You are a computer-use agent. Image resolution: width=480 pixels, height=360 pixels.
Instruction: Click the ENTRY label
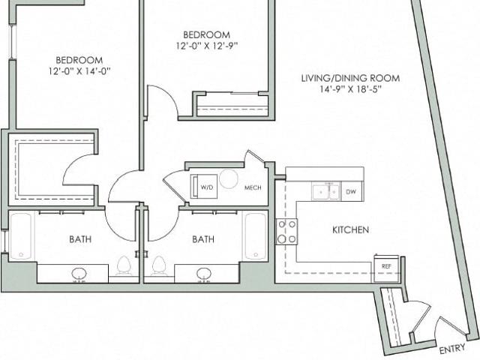point(452,349)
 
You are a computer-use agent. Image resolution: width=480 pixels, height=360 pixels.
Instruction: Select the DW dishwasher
point(351,192)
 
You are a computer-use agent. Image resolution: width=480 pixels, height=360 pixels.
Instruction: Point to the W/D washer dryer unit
point(204,187)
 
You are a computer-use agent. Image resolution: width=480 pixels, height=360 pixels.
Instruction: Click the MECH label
point(253,187)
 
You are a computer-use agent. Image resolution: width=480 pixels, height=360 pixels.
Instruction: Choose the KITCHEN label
point(350,229)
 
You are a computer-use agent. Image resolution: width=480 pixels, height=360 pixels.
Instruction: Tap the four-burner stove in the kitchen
point(286,232)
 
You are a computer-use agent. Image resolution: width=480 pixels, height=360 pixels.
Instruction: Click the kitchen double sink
point(325,192)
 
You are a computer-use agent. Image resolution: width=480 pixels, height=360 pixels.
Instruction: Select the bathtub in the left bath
point(21,236)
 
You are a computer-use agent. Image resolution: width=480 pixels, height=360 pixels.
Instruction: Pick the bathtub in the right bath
point(256,236)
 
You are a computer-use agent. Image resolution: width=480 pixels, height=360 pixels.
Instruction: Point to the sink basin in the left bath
point(79,273)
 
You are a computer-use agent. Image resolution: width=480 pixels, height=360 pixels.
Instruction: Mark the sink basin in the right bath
point(204,273)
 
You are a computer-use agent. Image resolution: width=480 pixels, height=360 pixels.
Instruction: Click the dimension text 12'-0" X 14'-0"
point(79,71)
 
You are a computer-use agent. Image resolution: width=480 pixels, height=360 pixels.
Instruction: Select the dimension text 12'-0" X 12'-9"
point(207,46)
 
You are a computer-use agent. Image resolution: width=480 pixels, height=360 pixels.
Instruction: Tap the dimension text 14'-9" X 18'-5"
point(351,89)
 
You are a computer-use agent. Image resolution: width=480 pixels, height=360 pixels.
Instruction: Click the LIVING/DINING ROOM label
point(351,78)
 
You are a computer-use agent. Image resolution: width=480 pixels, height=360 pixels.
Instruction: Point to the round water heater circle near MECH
point(229,178)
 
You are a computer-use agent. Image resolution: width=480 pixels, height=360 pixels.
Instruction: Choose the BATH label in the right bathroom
point(203,239)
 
